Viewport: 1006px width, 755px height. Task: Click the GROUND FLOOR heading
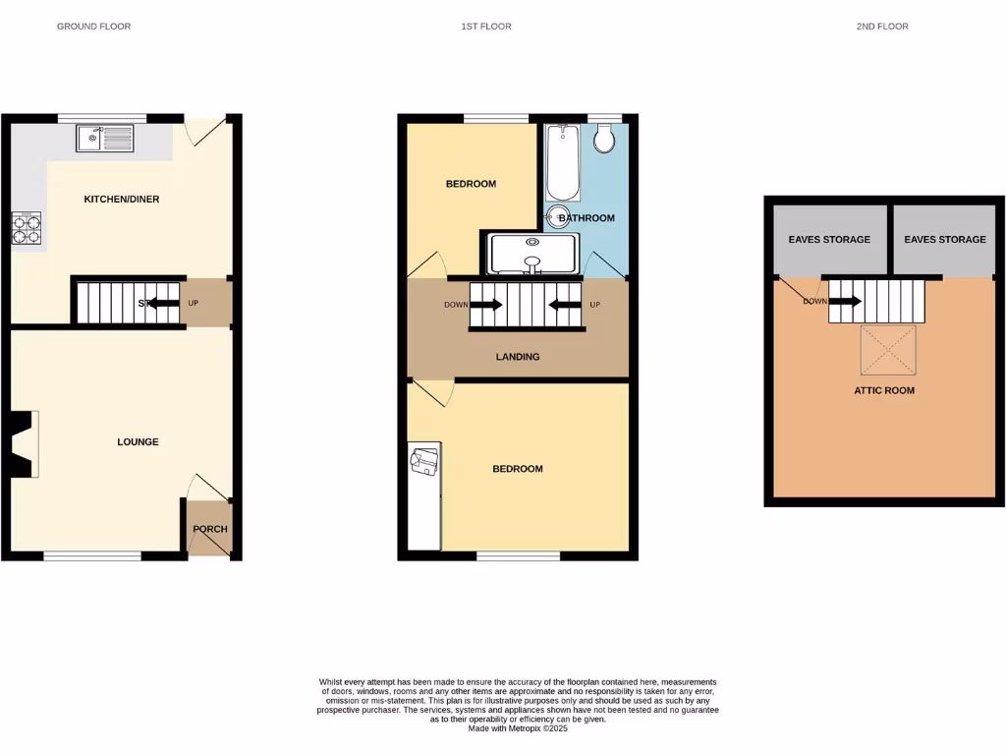(93, 27)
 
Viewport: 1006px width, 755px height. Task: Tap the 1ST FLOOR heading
(486, 27)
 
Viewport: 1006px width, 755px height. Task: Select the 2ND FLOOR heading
(881, 27)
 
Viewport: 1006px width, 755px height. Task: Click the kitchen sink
(105, 140)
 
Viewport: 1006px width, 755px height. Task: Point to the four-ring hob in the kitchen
(26, 228)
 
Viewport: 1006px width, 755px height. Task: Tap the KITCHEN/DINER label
(121, 200)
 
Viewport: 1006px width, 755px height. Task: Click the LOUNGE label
(138, 442)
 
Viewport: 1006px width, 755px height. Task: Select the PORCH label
(209, 529)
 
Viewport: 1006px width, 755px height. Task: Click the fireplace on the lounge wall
(25, 444)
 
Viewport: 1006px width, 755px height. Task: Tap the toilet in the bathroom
(604, 140)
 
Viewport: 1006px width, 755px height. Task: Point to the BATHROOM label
(587, 218)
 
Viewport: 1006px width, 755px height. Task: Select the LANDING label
(517, 357)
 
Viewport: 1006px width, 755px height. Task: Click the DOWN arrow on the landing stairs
(486, 305)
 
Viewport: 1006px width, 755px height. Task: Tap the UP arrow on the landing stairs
(565, 305)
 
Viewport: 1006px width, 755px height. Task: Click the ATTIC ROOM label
(883, 390)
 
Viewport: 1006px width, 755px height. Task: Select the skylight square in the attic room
(887, 351)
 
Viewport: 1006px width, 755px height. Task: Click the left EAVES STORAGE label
(829, 240)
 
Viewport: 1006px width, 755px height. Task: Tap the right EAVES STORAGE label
(944, 240)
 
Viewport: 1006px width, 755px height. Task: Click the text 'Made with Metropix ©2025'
(517, 727)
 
